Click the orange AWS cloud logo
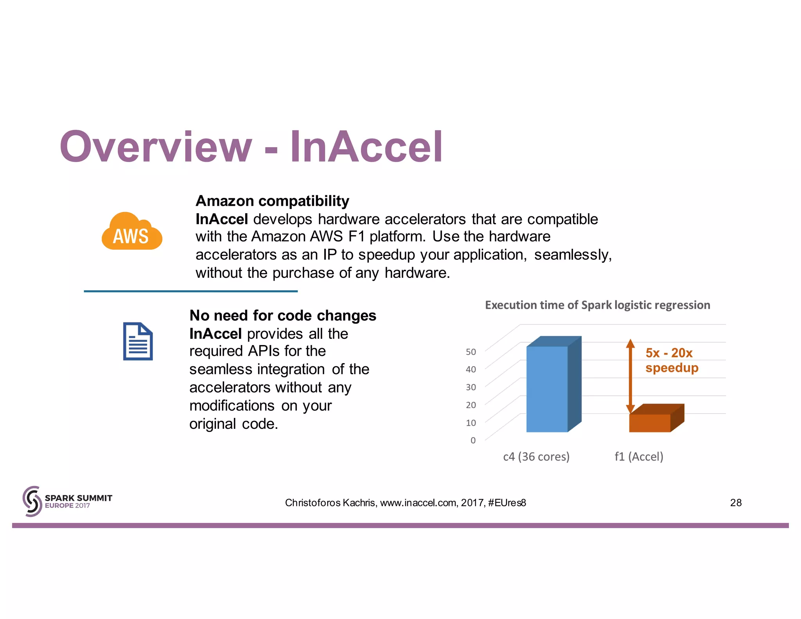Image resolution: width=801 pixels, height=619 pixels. coord(132,232)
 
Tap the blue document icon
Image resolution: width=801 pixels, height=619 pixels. coord(138,341)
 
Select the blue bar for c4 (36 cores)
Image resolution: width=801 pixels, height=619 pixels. coord(547,389)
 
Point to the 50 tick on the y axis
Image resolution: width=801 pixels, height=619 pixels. coord(471,352)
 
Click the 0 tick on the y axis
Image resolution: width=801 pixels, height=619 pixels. coord(473,441)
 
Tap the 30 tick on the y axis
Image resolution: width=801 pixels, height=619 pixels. coord(471,387)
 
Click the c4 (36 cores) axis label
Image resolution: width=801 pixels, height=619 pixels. coord(536,457)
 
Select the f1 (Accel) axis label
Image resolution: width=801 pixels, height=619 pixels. coord(639,457)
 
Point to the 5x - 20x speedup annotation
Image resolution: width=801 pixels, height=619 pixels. coord(671,360)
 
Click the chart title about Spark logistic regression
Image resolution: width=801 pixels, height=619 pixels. coord(597,305)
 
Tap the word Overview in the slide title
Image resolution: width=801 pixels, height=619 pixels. coord(156,147)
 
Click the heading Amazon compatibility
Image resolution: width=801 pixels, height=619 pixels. coord(272,201)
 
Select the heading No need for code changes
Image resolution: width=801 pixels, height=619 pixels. coord(282,315)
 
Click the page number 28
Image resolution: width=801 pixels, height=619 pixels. coord(735,503)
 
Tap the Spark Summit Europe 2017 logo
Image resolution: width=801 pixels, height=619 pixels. coord(67,501)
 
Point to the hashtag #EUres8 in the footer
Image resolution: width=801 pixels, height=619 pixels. coord(507,503)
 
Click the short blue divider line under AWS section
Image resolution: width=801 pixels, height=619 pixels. coord(190,291)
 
